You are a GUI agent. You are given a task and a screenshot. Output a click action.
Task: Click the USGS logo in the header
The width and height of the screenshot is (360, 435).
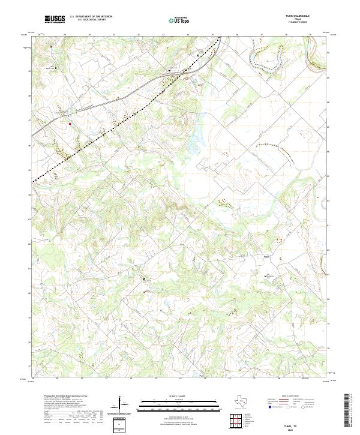pyautogui.click(x=55, y=19)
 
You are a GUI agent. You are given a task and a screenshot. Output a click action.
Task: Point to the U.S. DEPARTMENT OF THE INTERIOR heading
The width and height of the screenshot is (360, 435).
pyautogui.click(x=90, y=16)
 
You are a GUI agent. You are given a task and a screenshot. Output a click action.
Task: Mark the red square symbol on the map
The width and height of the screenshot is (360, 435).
pyautogui.click(x=70, y=124)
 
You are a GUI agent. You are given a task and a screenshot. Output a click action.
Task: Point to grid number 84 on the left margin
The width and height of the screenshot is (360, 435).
pyautogui.click(x=30, y=194)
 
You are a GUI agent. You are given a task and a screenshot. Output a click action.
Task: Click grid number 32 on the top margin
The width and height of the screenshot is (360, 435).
pyautogui.click(x=139, y=35)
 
